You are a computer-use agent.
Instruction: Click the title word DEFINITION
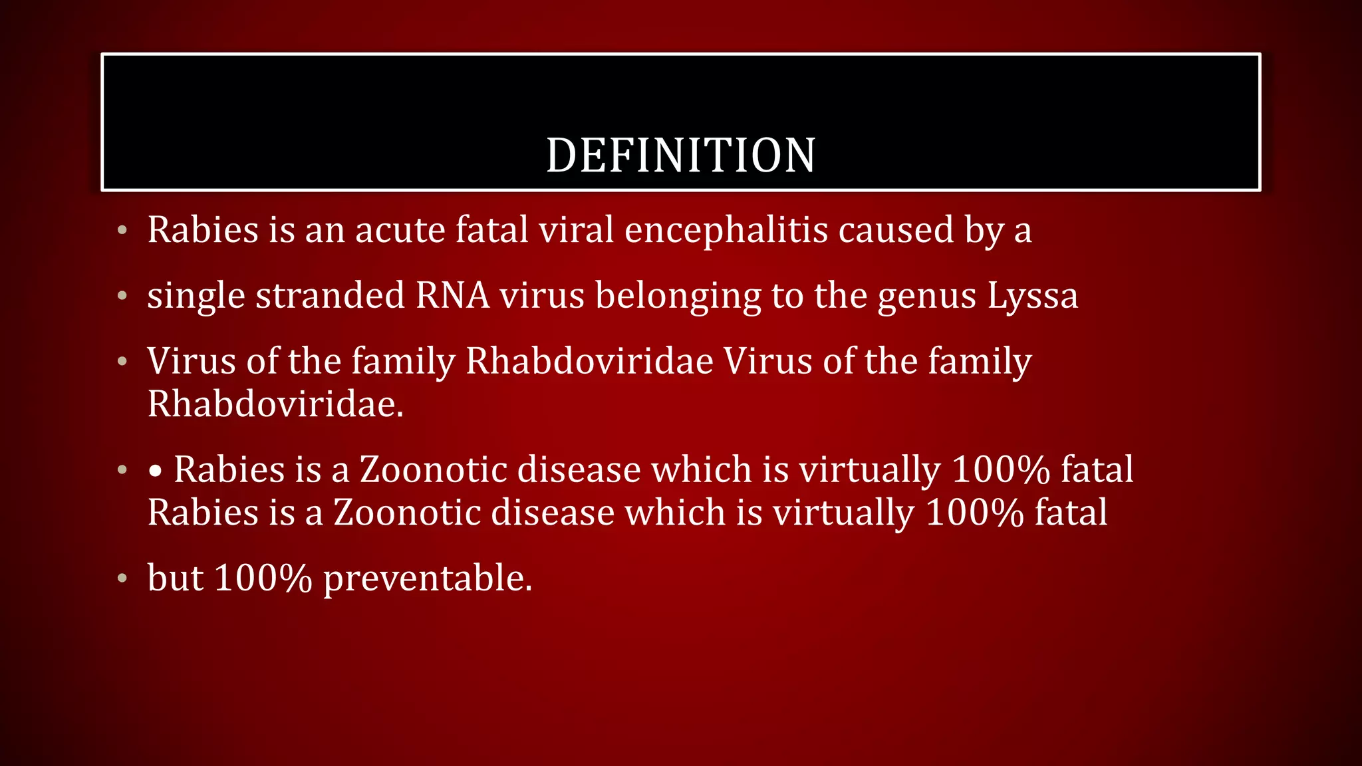[x=680, y=156]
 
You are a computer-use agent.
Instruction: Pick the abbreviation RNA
[x=452, y=295]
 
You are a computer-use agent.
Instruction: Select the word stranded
[x=330, y=295]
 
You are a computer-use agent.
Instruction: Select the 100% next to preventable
[x=263, y=578]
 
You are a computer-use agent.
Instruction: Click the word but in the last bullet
[x=175, y=578]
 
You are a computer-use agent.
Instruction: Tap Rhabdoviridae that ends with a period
[x=275, y=404]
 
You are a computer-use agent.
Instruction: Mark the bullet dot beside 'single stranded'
[x=122, y=296]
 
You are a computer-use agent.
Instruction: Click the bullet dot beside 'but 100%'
[x=122, y=578]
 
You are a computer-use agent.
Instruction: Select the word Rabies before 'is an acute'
[x=203, y=230]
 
